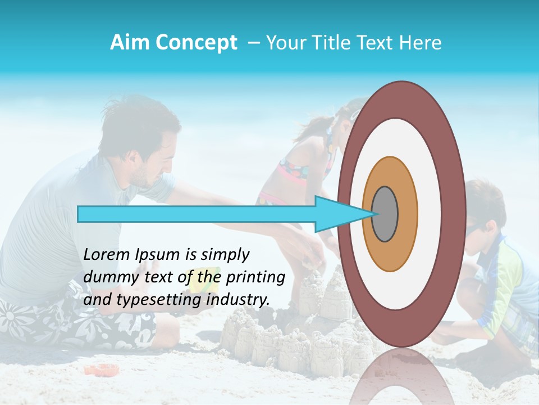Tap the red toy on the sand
pyautogui.click(x=102, y=370)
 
